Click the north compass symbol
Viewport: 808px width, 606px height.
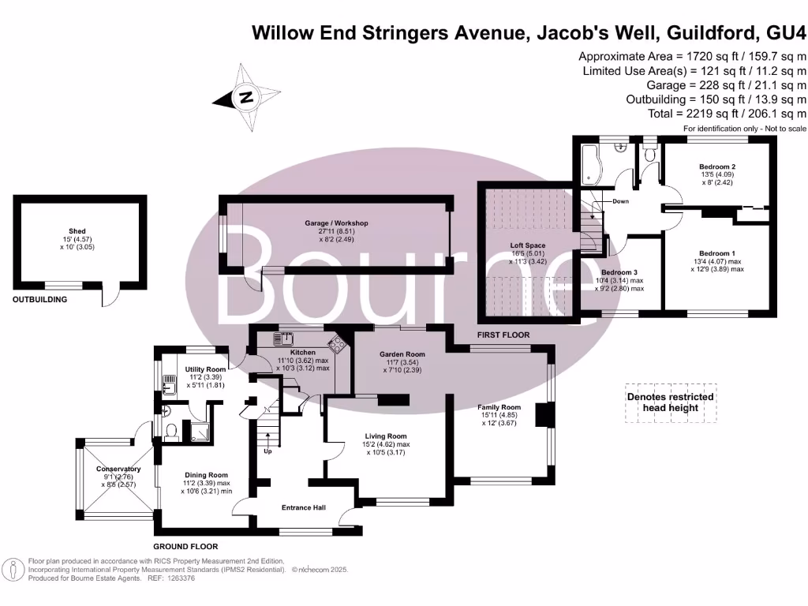[246, 97]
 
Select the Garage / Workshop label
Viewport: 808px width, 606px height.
[337, 223]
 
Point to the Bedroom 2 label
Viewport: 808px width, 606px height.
[717, 167]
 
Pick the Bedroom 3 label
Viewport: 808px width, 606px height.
[619, 271]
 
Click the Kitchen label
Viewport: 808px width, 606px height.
[302, 353]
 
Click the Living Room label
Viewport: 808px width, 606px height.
[386, 436]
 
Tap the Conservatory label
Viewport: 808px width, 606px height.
[116, 469]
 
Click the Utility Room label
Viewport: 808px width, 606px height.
[205, 369]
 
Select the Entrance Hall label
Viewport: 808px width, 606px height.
[304, 507]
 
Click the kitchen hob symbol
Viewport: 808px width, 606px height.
[338, 343]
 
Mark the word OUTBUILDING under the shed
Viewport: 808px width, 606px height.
[39, 300]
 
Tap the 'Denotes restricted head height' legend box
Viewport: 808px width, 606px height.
[670, 402]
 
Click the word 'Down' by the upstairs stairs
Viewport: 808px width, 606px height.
[621, 201]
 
